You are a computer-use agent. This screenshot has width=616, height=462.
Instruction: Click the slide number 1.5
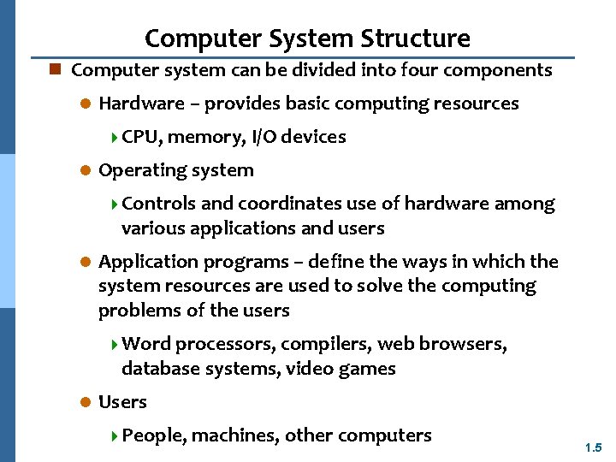tap(594, 447)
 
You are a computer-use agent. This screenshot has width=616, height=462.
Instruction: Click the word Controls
tap(159, 204)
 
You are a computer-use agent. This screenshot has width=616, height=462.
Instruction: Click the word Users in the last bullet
tap(122, 402)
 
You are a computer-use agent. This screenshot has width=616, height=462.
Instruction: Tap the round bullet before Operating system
tap(85, 170)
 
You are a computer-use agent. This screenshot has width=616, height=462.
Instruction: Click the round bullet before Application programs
tap(85, 262)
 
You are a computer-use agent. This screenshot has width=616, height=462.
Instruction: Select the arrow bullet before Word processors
tap(115, 345)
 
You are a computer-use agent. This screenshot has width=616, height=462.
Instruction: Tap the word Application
tap(140, 262)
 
